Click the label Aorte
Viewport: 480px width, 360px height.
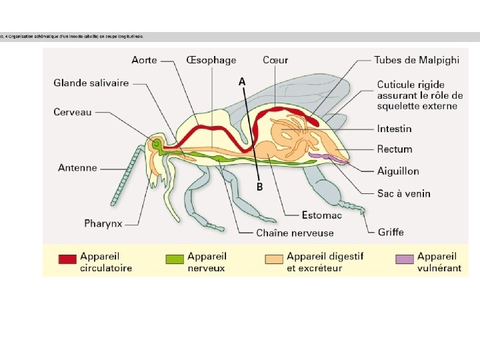click(144, 60)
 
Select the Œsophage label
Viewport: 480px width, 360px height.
click(211, 60)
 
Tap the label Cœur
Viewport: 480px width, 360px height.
click(275, 60)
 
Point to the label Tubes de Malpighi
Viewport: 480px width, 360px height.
click(417, 60)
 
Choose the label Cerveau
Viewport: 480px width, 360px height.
click(73, 112)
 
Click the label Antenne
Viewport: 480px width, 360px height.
click(77, 168)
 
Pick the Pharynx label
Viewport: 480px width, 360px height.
click(103, 223)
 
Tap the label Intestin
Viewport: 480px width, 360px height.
click(394, 129)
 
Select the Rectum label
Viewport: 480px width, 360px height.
click(395, 149)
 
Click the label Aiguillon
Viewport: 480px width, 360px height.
click(398, 171)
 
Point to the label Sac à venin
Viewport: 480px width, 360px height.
click(403, 194)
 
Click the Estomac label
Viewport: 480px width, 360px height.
click(321, 215)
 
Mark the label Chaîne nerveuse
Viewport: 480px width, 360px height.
click(295, 233)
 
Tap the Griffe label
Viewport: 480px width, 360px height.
click(391, 233)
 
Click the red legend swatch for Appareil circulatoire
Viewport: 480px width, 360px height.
click(67, 259)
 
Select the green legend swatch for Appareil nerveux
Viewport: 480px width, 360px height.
click(175, 259)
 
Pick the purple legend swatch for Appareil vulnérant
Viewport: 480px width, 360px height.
click(404, 259)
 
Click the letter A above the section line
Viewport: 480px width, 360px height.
click(242, 81)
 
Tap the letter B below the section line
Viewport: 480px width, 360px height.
click(259, 187)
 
